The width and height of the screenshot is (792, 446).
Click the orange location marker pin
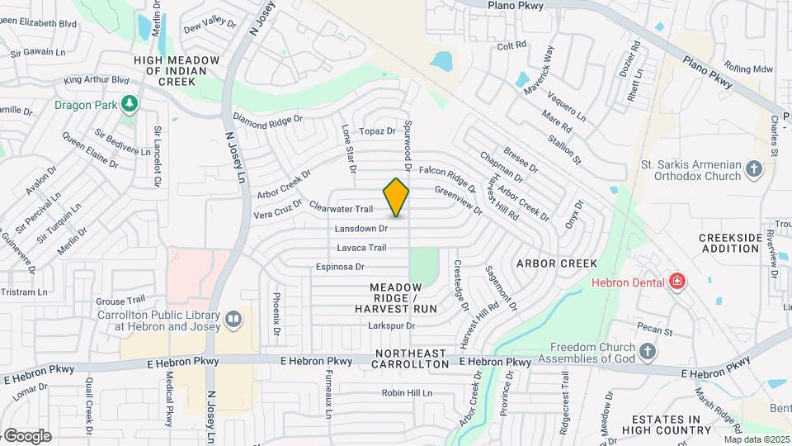click(x=397, y=197)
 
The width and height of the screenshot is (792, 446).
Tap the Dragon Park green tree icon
click(x=128, y=104)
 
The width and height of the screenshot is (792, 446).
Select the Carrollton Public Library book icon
click(x=234, y=319)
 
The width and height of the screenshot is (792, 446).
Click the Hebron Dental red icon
click(x=677, y=282)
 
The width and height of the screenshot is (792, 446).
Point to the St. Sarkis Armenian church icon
click(x=753, y=168)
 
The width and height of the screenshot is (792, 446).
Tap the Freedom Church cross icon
click(x=648, y=352)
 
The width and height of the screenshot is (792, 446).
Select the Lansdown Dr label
click(x=361, y=228)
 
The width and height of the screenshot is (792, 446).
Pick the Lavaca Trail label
click(x=361, y=248)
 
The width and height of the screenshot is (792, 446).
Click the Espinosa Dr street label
click(x=340, y=267)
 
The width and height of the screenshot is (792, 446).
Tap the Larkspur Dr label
click(x=391, y=325)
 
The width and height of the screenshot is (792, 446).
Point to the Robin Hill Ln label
click(x=407, y=393)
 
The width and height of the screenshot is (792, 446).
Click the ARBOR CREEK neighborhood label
click(x=556, y=263)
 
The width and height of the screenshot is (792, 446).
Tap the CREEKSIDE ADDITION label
click(x=730, y=243)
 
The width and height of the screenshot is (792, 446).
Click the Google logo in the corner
click(x=26, y=435)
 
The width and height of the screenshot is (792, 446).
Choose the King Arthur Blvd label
click(x=97, y=81)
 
